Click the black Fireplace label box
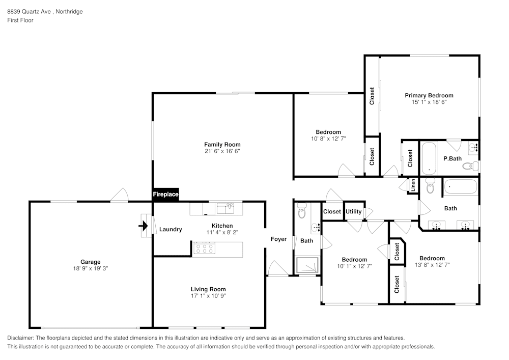[x=166, y=195]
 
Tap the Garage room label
[x=90, y=262]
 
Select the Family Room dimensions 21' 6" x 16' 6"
[x=222, y=151]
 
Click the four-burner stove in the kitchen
[x=204, y=248]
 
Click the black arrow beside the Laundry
[x=145, y=225]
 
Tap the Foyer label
[x=278, y=239]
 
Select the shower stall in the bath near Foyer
[x=308, y=265]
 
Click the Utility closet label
[x=353, y=212]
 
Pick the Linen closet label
[x=413, y=185]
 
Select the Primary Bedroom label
[x=429, y=95]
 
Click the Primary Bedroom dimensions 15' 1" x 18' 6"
[x=429, y=102]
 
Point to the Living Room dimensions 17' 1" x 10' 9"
[x=208, y=296]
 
